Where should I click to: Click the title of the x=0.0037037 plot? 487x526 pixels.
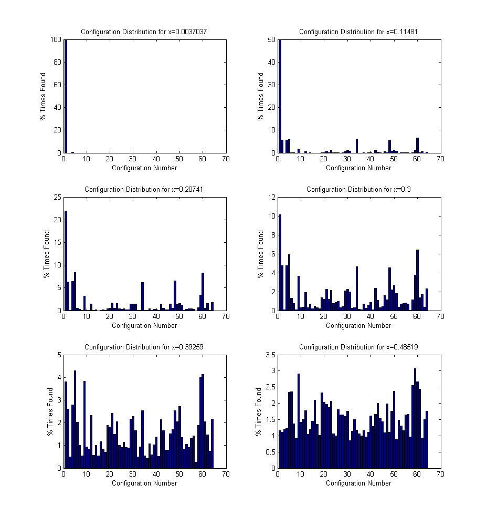click(x=144, y=32)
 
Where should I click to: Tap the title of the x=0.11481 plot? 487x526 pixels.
click(x=358, y=32)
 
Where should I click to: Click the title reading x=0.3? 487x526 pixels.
click(x=358, y=189)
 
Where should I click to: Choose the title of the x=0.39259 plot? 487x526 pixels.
click(x=144, y=347)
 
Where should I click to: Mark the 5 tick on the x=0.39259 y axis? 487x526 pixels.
click(x=59, y=355)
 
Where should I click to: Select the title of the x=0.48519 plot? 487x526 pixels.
click(x=358, y=347)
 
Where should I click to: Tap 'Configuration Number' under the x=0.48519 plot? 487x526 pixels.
click(x=358, y=483)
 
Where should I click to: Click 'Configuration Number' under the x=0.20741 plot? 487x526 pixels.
click(x=144, y=325)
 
